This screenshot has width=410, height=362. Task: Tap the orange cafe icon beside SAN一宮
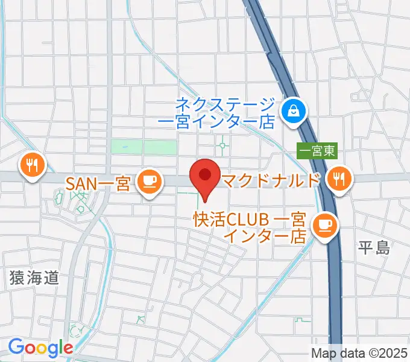[x=148, y=180]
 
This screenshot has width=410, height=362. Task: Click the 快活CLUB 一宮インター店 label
[x=250, y=227]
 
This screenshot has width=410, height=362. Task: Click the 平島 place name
[x=374, y=247]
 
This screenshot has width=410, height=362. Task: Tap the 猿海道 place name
[x=34, y=278]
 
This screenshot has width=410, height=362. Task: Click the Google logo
[x=40, y=348]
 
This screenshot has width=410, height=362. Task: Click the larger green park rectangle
[x=160, y=146]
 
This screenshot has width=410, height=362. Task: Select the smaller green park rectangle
[x=124, y=146]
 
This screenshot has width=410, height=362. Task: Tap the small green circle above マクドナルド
[x=223, y=145]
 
